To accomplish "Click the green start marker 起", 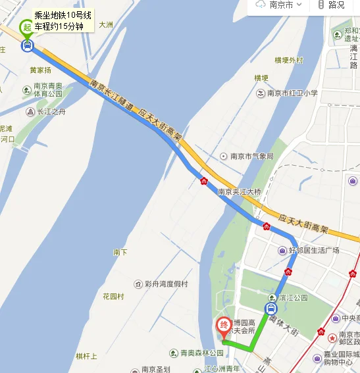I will (26, 27).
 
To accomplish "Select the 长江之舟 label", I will (51, 112).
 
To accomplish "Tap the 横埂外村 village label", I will (280, 61).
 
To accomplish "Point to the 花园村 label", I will (113, 297).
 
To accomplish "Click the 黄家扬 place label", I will (40, 70).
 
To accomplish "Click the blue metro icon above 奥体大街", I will (271, 309).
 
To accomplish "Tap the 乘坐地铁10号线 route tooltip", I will (63, 20).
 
